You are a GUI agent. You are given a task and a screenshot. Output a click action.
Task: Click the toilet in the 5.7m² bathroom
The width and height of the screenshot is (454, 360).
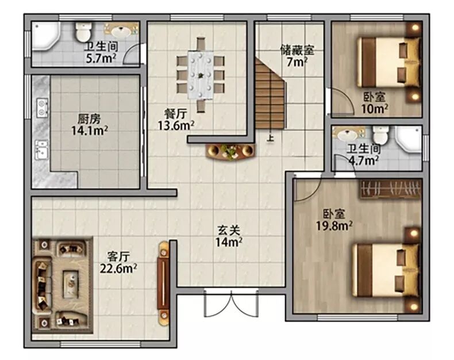click(x=83, y=32)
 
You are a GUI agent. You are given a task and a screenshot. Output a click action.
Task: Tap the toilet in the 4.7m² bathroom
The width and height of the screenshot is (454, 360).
click(x=380, y=135)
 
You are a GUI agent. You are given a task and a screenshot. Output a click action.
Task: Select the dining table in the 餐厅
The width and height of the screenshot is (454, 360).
click(x=201, y=75)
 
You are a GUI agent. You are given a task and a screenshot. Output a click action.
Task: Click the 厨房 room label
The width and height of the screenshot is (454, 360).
click(x=89, y=119)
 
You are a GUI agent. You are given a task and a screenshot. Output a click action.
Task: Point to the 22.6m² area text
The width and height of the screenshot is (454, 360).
click(x=118, y=269)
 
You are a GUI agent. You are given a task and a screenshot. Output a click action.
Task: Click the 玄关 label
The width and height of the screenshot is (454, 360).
click(x=229, y=231)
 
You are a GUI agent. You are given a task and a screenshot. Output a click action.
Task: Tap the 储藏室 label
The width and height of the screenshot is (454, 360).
click(x=297, y=50)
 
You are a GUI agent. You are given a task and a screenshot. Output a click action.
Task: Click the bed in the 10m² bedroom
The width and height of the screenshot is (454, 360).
click(x=388, y=62)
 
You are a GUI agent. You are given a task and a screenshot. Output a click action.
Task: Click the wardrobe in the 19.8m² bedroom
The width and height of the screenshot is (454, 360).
click(x=391, y=189)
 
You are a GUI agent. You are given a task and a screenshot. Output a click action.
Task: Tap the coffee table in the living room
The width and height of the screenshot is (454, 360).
click(x=71, y=284)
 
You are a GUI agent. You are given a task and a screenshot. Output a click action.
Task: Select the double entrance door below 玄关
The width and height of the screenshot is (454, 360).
click(x=231, y=303)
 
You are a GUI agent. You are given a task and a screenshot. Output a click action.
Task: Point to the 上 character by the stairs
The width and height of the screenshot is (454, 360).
click(x=270, y=137)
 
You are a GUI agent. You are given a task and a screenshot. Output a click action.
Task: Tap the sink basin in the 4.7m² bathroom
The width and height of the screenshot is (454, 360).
click(x=348, y=135)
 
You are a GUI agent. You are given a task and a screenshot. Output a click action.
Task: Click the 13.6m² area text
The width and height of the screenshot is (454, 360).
click(x=176, y=125)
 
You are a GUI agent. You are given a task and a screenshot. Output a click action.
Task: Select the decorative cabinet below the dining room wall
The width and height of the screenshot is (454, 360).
click(x=231, y=151)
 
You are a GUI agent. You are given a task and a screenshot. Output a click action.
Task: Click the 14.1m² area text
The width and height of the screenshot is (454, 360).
click(x=90, y=131)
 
